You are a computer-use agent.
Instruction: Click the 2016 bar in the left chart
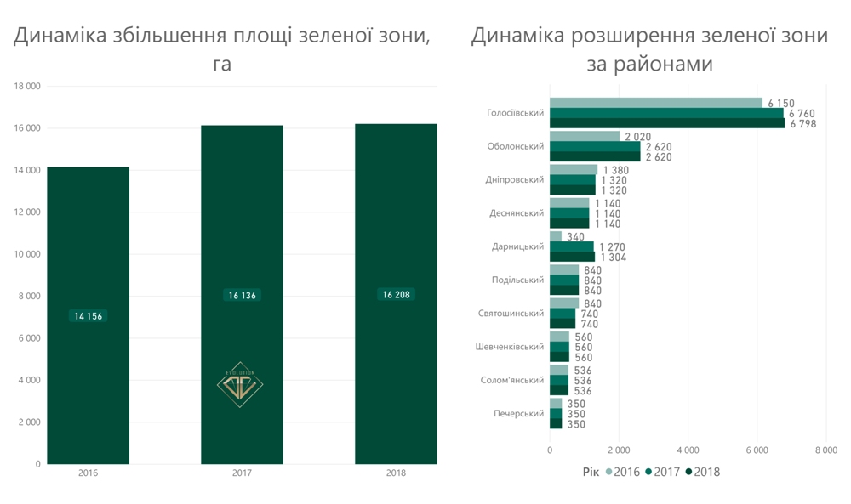[88, 238]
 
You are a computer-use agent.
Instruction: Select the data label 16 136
[243, 296]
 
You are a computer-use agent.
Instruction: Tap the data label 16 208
[397, 295]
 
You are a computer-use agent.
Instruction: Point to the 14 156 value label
[89, 316]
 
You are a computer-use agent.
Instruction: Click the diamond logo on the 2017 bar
[240, 385]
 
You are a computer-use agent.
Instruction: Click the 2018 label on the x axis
[396, 473]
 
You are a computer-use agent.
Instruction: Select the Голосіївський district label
[515, 113]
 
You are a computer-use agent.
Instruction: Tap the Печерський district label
[518, 414]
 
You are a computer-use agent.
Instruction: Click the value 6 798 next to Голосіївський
[802, 124]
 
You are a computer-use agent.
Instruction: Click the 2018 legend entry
[702, 473]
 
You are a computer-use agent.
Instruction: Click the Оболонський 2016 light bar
[585, 136]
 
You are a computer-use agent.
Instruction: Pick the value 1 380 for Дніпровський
[614, 170]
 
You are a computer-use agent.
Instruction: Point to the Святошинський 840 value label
[592, 304]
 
